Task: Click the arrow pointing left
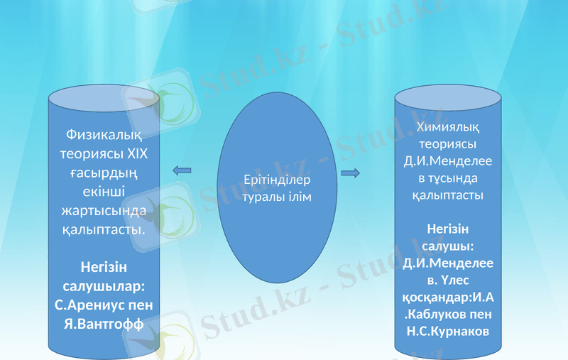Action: coord(182,170)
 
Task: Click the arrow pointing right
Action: coord(350,173)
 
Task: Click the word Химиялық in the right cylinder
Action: coord(448,128)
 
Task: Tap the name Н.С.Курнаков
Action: coord(448,332)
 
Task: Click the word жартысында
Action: coord(104,211)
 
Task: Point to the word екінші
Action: coord(104,192)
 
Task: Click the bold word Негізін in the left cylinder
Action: coord(104,267)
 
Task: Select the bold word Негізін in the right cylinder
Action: coord(448,229)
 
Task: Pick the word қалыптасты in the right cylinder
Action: coord(448,195)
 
